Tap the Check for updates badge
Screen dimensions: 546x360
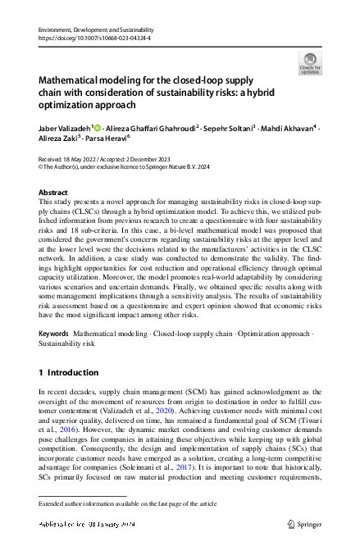(x=310, y=64)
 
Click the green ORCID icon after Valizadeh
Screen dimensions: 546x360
(x=96, y=128)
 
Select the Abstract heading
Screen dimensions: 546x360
(x=54, y=192)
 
